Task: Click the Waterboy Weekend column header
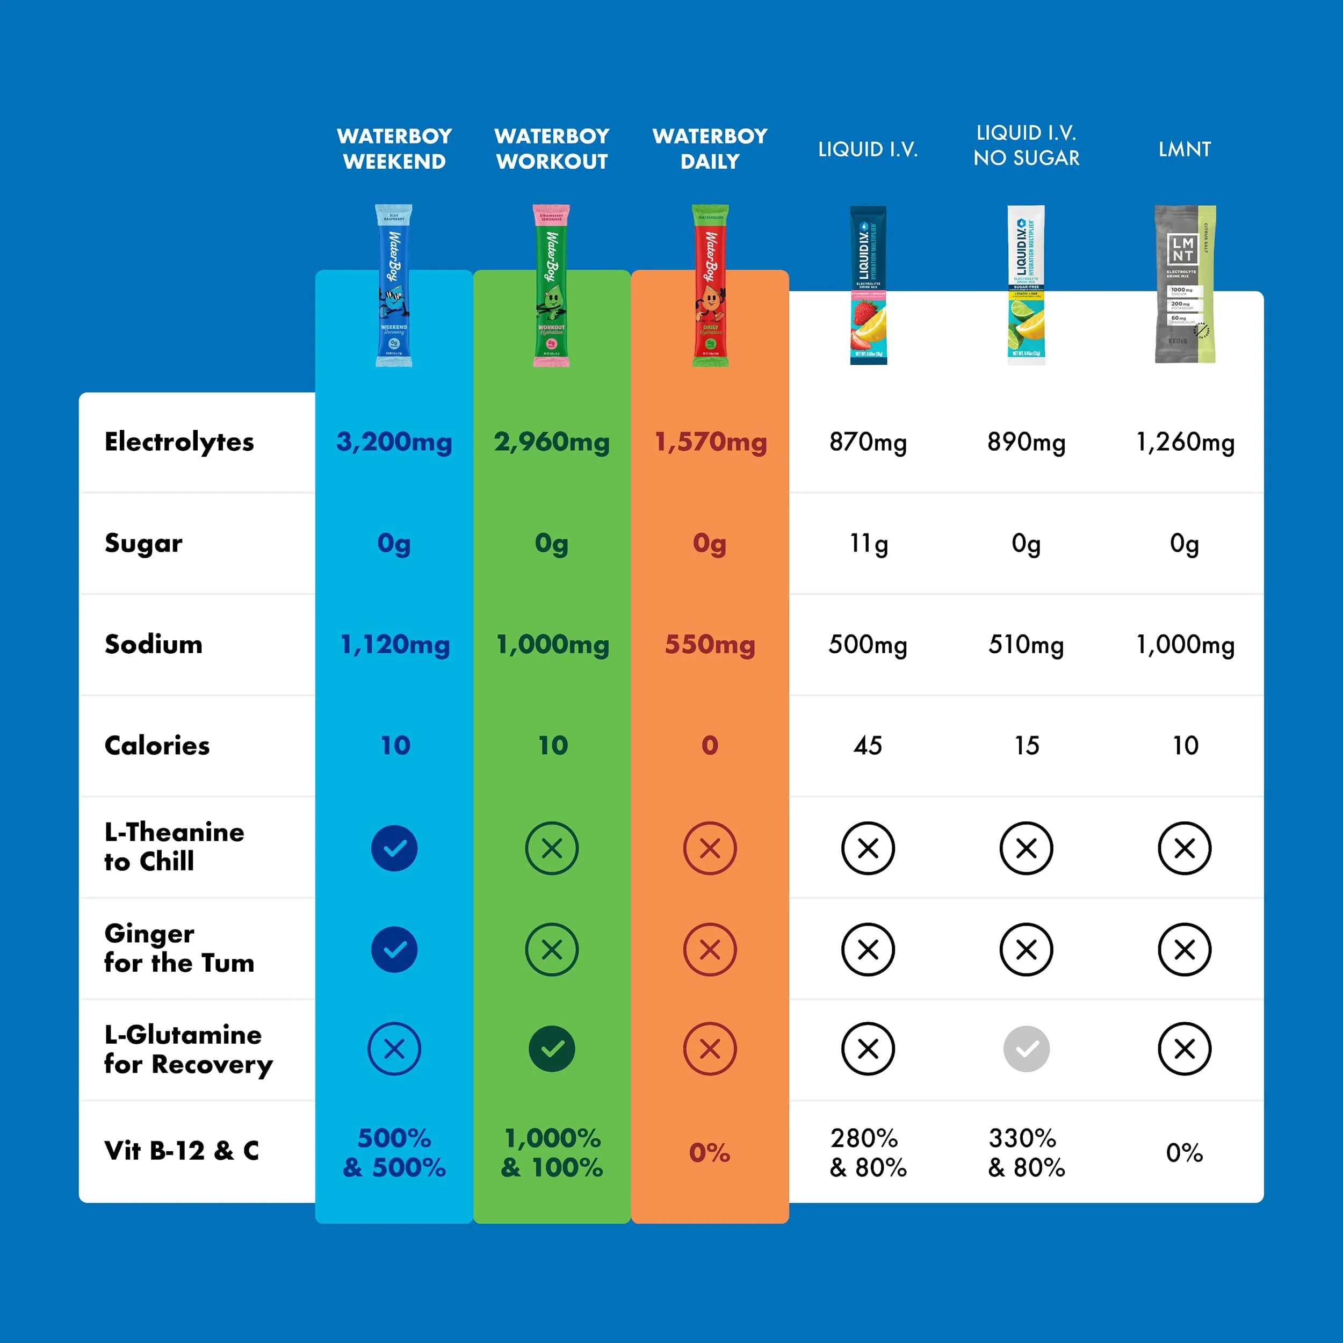(x=394, y=148)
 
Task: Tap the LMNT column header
(x=1185, y=149)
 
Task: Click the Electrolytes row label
(x=179, y=442)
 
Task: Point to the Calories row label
(x=157, y=745)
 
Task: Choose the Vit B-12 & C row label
(x=182, y=1151)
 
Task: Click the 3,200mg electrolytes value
(x=394, y=442)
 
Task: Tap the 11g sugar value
(x=868, y=543)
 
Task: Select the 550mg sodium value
(x=710, y=645)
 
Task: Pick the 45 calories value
(x=868, y=745)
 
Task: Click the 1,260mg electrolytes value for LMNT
(x=1185, y=442)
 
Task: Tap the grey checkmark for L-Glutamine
(x=1026, y=1048)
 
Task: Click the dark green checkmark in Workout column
(x=552, y=1048)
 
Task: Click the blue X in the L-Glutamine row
(x=394, y=1048)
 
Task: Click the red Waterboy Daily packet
(x=710, y=285)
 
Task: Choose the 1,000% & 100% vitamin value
(x=552, y=1152)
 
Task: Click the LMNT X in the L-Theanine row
(x=1185, y=848)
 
